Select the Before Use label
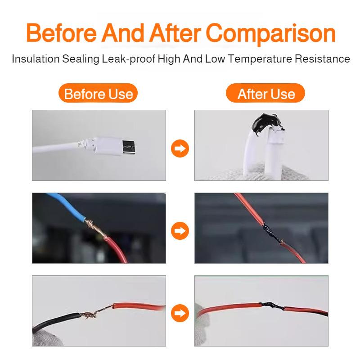tap(98, 94)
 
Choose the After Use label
tap(266, 94)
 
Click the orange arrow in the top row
tap(180, 148)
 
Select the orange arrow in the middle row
tap(180, 230)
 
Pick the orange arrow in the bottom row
tap(180, 312)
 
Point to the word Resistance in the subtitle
tap(324, 59)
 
